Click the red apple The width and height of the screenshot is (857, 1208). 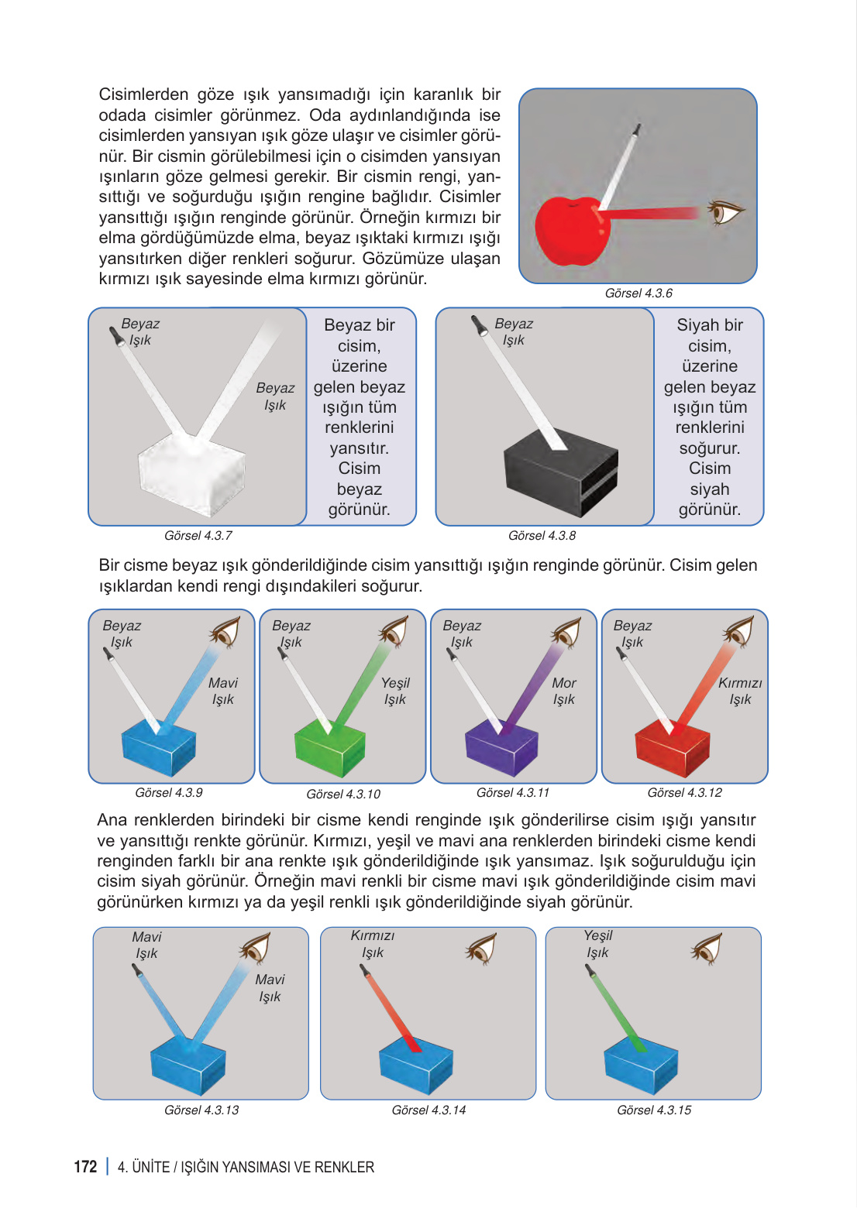[572, 231]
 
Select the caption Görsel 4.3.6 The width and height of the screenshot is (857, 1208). [638, 293]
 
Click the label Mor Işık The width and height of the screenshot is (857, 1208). [564, 691]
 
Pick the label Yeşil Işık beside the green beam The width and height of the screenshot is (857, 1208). [395, 691]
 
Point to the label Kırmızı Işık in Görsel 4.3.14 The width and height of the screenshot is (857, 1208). [373, 944]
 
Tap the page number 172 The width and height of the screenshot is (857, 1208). [85, 1166]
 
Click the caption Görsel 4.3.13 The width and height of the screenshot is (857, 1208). [201, 1110]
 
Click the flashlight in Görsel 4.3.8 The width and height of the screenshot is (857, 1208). [479, 324]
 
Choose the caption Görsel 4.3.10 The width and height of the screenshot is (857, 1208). [343, 794]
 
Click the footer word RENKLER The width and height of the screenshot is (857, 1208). [344, 1167]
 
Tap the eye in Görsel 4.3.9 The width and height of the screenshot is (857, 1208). [225, 632]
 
